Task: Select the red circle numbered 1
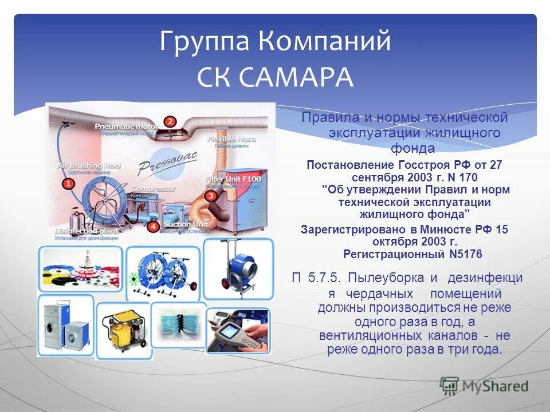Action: click(68, 184)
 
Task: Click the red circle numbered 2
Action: click(170, 121)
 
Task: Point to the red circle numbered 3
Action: click(211, 196)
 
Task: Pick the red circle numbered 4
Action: click(152, 226)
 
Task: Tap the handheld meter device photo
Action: click(237, 331)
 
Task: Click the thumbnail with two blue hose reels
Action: click(162, 271)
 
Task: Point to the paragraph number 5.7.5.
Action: click(325, 278)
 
